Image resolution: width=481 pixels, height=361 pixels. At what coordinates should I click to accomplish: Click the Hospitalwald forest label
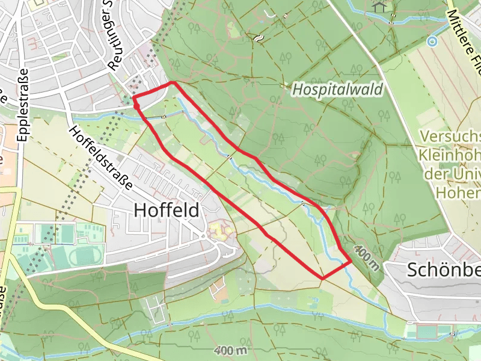pyautogui.click(x=338, y=90)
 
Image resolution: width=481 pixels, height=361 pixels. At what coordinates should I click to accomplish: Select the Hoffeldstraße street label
pyautogui.click(x=101, y=158)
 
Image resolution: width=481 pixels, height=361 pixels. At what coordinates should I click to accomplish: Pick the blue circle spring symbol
pyautogui.click(x=431, y=42)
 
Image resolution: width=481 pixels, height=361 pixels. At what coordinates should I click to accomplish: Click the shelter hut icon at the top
pyautogui.click(x=379, y=6)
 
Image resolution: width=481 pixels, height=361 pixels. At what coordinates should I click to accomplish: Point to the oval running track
pyautogui.click(x=84, y=256)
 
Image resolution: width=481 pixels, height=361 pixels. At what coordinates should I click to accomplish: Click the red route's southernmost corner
pyautogui.click(x=323, y=279)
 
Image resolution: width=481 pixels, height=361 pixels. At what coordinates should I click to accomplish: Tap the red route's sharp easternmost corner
pyautogui.click(x=351, y=261)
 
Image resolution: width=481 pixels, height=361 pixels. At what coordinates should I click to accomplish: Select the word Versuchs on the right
pyautogui.click(x=450, y=135)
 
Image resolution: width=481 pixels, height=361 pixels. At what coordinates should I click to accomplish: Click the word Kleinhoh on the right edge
pyautogui.click(x=450, y=155)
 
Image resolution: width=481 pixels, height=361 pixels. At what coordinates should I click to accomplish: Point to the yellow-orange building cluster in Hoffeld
pyautogui.click(x=218, y=230)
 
